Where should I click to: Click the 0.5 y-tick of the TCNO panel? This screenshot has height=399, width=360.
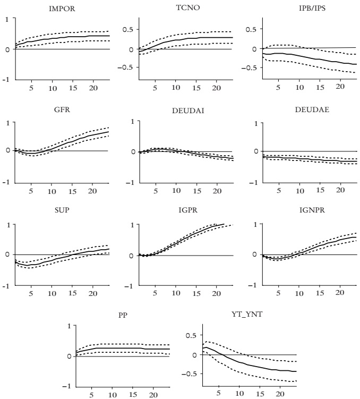point(127,29)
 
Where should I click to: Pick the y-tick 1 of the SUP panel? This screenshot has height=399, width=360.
point(8,225)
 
